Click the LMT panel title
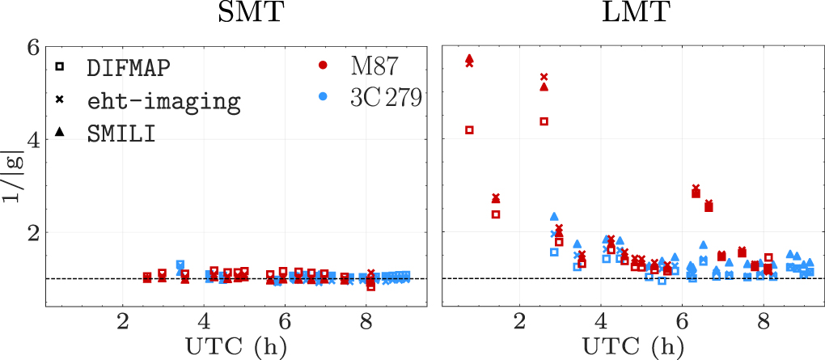[x=631, y=14]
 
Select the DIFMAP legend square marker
[x=61, y=66]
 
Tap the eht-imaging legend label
[x=163, y=101]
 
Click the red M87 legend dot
[x=323, y=64]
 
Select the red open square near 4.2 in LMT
[x=469, y=129]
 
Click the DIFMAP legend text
[x=129, y=68]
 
